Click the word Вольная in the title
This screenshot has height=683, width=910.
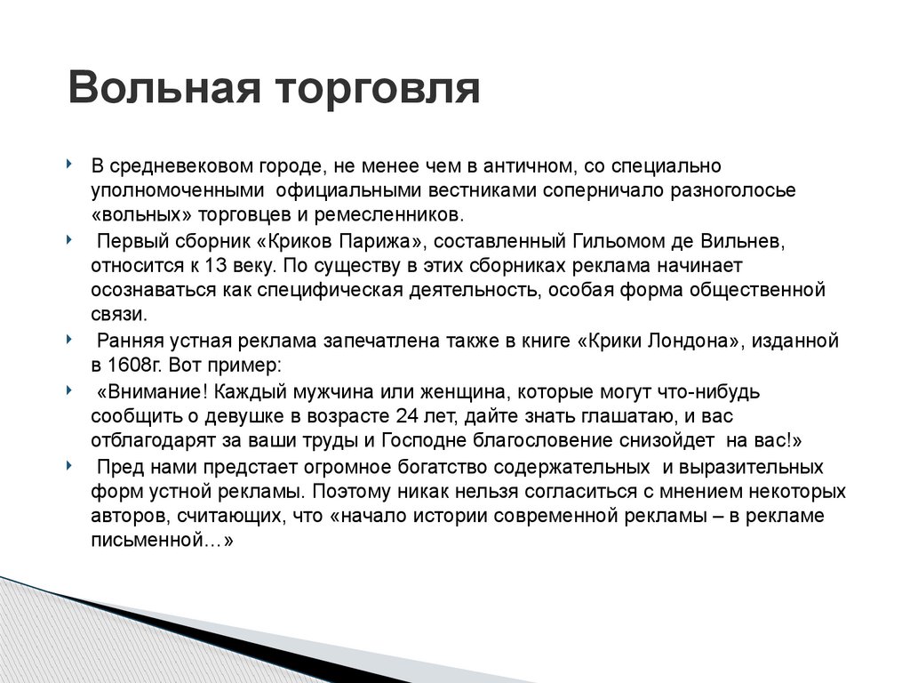[x=164, y=90]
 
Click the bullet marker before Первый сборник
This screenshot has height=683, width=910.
[x=70, y=240]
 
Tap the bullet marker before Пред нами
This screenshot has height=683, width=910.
[x=70, y=466]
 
